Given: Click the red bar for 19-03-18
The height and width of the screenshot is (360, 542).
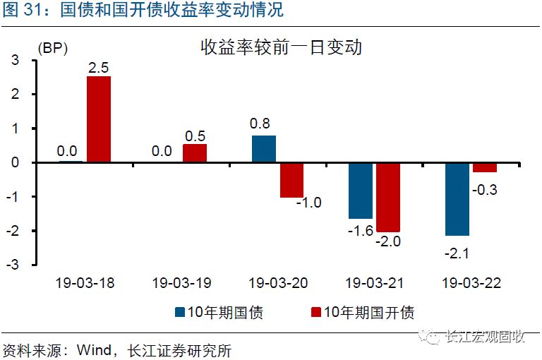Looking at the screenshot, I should click(99, 119).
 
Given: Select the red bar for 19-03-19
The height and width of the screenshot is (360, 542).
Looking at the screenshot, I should click(195, 153).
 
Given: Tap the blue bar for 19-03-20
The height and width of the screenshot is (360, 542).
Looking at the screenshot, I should click(263, 149).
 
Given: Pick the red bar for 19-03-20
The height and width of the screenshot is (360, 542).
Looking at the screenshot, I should click(291, 180).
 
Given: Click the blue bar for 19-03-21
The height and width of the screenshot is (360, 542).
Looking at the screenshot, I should click(360, 191).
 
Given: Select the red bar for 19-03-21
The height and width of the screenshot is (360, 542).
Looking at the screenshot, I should click(388, 197).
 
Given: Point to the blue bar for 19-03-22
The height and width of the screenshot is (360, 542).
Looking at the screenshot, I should click(457, 199).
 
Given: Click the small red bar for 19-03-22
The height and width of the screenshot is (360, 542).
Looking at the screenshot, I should click(485, 167).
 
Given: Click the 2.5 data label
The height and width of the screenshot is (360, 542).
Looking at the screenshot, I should click(99, 68).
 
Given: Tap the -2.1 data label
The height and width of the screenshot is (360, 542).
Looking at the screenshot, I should click(454, 252).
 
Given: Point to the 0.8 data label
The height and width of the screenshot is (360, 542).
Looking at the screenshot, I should click(262, 124).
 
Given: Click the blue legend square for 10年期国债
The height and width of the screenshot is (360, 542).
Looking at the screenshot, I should click(180, 311).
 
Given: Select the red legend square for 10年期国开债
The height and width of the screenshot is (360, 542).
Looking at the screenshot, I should click(315, 311).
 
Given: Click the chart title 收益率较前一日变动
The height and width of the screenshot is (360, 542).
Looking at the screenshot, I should click(281, 48).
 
